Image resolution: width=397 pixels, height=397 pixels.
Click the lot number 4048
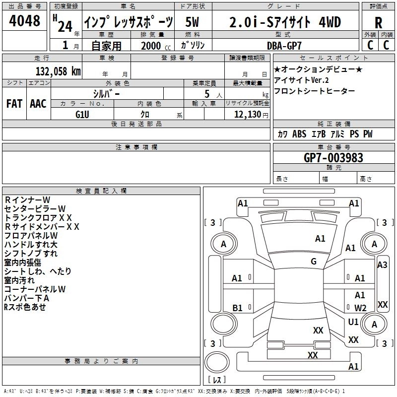pos(25,21)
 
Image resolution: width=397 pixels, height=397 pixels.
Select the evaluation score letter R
pos(378,23)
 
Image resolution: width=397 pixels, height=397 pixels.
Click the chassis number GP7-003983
pos(333,158)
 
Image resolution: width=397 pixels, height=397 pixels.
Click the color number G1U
pos(82,114)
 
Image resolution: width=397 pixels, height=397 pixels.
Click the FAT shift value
pos(14,104)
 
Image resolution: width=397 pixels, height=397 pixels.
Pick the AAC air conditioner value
pos(38,104)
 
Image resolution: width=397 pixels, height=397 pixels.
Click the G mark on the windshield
pos(314,262)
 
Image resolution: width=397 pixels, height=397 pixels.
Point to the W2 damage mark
pos(360,308)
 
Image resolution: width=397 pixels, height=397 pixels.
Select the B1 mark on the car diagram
pos(237,308)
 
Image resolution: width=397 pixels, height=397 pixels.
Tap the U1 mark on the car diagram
pos(353,322)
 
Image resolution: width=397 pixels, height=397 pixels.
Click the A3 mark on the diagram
pos(382,265)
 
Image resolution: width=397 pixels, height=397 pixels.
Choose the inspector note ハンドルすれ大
pos(31,245)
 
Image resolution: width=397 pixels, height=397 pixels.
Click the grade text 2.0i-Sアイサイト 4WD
pos(285,22)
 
